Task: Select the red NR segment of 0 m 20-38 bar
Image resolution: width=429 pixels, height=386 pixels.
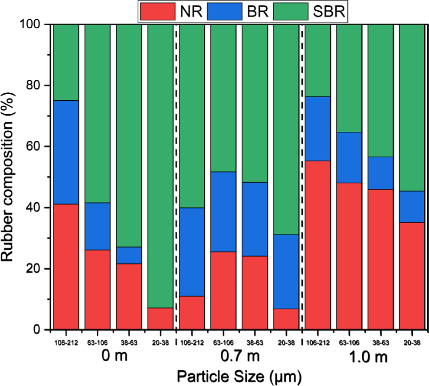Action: (160, 319)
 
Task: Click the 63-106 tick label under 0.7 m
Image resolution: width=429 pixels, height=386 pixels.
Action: (223, 342)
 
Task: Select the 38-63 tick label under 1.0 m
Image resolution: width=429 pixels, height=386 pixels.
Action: (380, 342)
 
